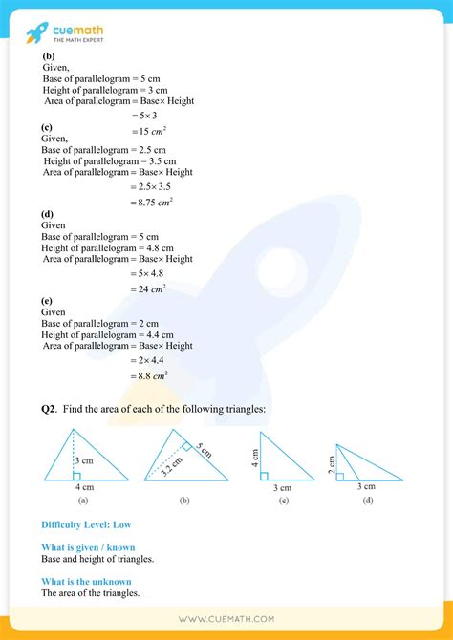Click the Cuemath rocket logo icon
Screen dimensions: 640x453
click(x=36, y=33)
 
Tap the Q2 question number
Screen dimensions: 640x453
click(x=49, y=410)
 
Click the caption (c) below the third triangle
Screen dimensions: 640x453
click(x=284, y=501)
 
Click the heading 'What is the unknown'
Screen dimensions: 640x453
click(x=86, y=581)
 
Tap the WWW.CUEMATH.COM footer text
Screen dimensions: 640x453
click(x=226, y=620)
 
